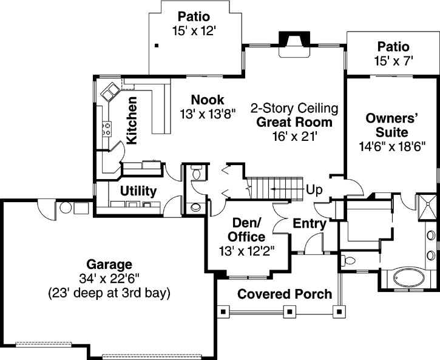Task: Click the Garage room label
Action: pyautogui.click(x=109, y=265)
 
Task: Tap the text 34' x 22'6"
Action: pyautogui.click(x=109, y=279)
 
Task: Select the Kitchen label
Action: pyautogui.click(x=132, y=120)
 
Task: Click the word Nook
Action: pyautogui.click(x=208, y=100)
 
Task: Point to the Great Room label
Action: pyautogui.click(x=294, y=122)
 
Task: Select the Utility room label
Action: pyautogui.click(x=138, y=191)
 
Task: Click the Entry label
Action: pyautogui.click(x=310, y=224)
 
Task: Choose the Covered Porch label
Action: pyautogui.click(x=285, y=294)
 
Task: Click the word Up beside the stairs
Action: pyautogui.click(x=314, y=188)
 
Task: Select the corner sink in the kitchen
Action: pyautogui.click(x=111, y=92)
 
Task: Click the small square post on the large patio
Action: pyautogui.click(x=157, y=45)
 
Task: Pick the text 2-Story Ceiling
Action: pyautogui.click(x=294, y=109)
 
